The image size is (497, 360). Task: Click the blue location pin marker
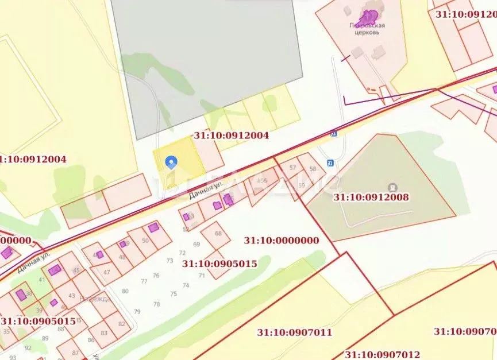(171, 163)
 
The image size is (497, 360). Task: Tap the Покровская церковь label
(367, 29)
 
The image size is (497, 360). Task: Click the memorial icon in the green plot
(392, 187)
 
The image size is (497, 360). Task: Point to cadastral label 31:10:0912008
(371, 197)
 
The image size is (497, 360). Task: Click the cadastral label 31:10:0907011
(294, 332)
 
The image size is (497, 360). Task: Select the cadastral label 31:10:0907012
(382, 354)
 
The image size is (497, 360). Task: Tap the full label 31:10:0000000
(281, 241)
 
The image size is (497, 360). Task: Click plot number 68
(218, 233)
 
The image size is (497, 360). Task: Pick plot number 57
(293, 168)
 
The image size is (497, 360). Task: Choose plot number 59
(302, 185)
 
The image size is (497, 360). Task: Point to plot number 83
(104, 333)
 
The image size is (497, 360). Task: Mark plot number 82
(121, 324)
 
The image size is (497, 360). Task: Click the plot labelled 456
(263, 180)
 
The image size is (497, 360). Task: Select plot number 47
(106, 272)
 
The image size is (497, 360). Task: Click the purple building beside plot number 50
(153, 227)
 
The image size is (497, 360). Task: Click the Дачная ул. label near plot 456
(205, 191)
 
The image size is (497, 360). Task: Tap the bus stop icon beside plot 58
(330, 162)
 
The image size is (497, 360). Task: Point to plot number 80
(125, 291)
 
